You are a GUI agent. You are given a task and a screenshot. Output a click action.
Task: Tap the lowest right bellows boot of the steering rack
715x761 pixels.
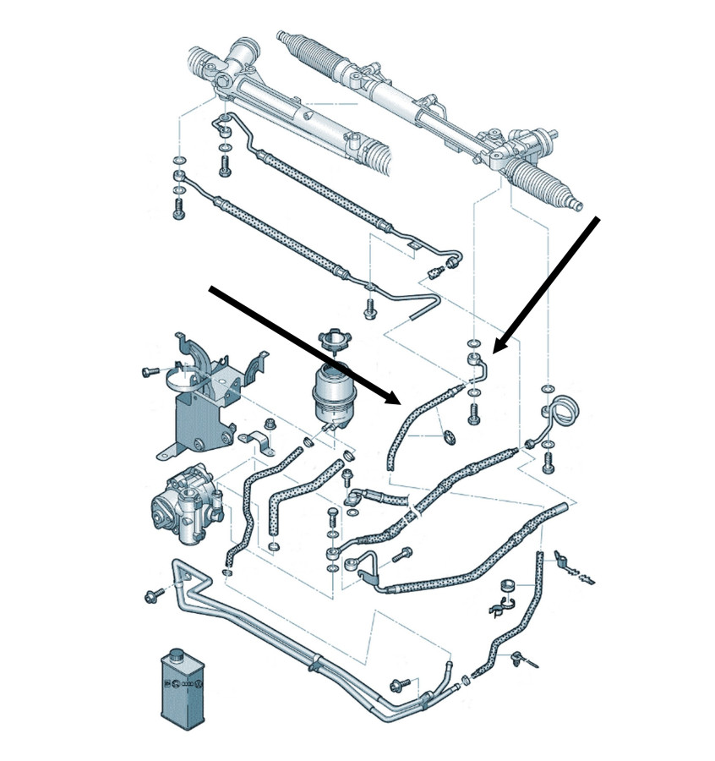(549, 182)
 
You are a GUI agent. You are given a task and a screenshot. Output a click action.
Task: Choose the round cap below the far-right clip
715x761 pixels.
(507, 585)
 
